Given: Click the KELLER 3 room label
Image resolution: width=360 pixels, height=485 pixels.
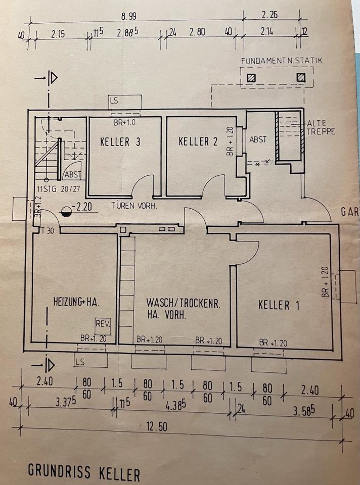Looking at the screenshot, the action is coord(121,142).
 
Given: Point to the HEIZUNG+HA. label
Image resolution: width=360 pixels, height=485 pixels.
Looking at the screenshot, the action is coord(76,302).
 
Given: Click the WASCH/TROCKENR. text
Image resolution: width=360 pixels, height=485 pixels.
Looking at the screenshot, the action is coord(184,304).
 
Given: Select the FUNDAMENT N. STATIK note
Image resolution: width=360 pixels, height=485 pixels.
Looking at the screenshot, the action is coord(282,61).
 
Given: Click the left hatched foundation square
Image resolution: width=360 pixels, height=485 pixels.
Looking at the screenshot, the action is coord(251,78).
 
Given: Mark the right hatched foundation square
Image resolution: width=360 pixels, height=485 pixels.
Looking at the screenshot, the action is coord(301,78).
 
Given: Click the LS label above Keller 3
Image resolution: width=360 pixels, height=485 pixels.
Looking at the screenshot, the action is coord(114,101).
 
